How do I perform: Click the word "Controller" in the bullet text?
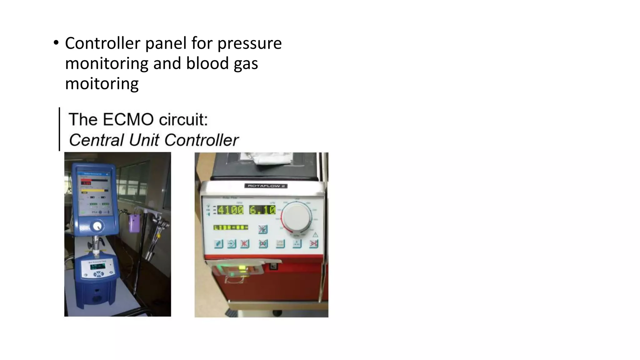pos(102,43)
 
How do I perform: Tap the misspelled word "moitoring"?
pos(102,84)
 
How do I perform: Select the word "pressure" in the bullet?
pos(249,44)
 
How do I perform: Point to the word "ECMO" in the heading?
pos(128,120)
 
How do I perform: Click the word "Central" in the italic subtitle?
pos(96,140)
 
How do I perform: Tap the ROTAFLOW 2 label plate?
pos(266,186)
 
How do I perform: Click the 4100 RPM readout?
pos(230,210)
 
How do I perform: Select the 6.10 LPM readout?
pos(262,210)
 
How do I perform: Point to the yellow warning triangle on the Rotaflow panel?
pos(315,235)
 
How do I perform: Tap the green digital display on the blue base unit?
pos(98,266)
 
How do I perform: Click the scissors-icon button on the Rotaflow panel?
pos(313,243)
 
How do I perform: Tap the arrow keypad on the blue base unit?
pos(99,274)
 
